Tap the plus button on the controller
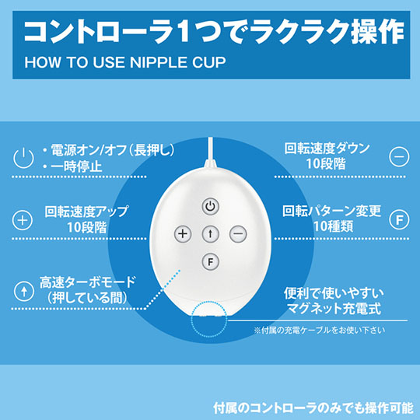point(183,234)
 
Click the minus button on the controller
point(238,234)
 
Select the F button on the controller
point(210,261)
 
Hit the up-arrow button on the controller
point(210,234)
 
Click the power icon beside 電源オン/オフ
point(23,158)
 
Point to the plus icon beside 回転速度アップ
point(23,220)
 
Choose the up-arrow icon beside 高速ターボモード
point(24,291)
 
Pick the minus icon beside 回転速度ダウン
point(399,156)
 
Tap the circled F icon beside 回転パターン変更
point(399,220)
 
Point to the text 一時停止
point(76,166)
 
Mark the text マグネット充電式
point(334,308)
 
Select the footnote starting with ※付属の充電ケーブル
point(320,330)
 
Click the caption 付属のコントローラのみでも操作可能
point(313,408)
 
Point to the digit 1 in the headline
point(185,31)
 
